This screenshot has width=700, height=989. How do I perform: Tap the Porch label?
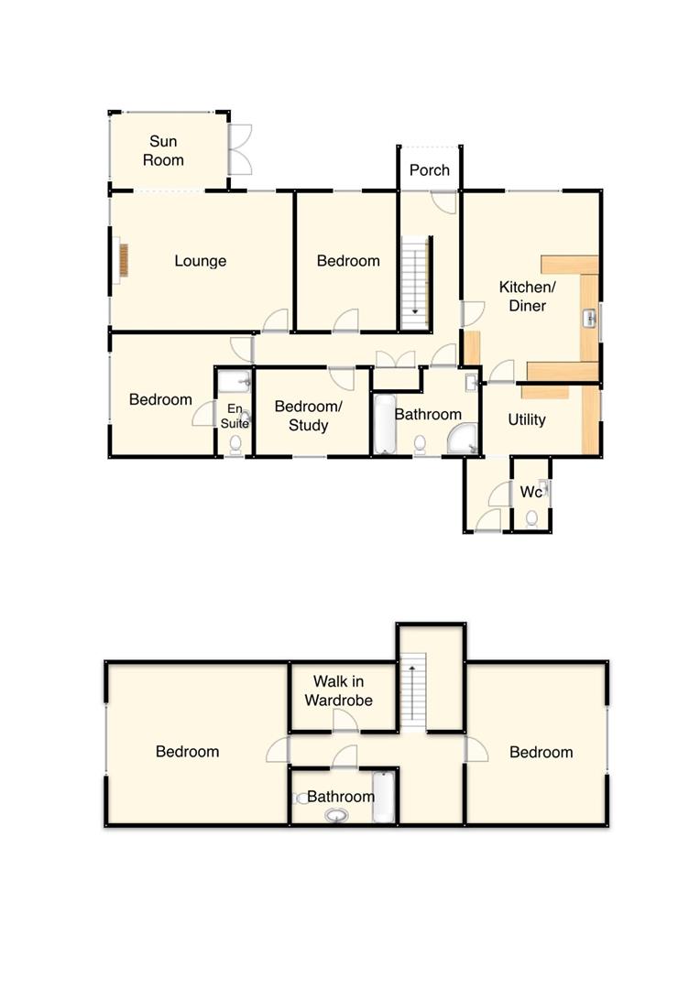[429, 170]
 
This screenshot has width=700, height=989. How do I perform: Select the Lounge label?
[200, 261]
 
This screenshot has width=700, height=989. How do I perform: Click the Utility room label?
[527, 419]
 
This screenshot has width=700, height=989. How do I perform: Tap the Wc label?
[530, 492]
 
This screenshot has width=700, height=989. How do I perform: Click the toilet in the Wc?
[532, 519]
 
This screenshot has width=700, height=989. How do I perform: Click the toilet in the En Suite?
[235, 444]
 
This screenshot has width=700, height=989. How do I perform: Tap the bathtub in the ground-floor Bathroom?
[383, 424]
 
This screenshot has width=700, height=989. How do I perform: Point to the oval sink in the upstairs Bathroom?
[336, 815]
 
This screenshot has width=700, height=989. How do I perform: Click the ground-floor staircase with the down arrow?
[415, 277]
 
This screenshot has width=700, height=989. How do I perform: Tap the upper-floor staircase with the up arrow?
[415, 691]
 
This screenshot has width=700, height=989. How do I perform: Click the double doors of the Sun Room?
[238, 148]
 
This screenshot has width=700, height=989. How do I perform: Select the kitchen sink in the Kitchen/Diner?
[590, 319]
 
